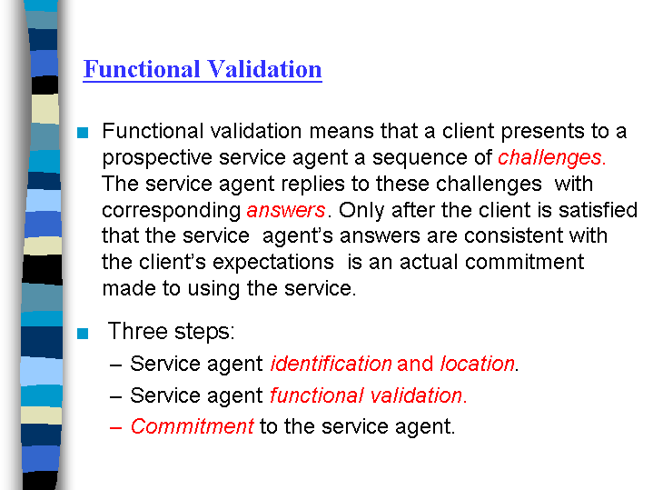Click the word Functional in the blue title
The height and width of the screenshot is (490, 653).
coord(142,69)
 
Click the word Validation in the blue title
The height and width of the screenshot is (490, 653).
coord(264,69)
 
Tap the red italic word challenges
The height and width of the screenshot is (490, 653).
coord(549,158)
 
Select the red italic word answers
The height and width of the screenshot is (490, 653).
coord(286,210)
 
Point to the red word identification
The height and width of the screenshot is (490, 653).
coord(331,364)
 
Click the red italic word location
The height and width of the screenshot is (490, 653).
coord(477,364)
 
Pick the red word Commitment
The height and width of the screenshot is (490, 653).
coord(192,426)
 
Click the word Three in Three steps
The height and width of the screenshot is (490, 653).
coord(137,331)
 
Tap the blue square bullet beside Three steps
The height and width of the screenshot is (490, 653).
coord(83,334)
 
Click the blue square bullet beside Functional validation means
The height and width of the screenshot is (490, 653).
coord(83,133)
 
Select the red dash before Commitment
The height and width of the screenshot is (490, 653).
coord(115,428)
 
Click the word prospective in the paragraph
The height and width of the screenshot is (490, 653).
coord(157,158)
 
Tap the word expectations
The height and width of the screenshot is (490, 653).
coord(272,263)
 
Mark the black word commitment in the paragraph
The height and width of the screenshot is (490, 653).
coord(524,263)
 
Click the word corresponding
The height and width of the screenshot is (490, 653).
coord(171,211)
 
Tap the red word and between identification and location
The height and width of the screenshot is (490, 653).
coord(415,364)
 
